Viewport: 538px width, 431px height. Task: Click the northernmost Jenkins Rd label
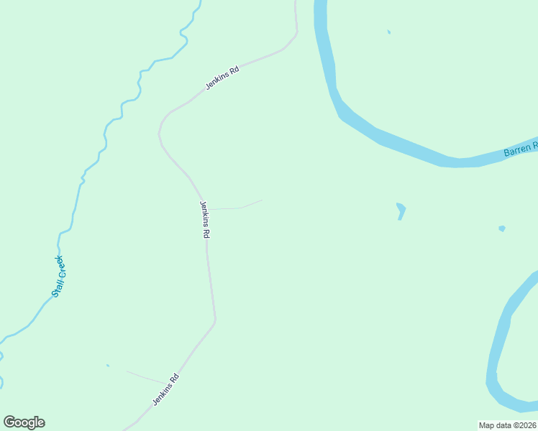222,78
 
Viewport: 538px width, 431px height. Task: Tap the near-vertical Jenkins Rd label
205,219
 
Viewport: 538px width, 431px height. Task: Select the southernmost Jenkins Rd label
165,389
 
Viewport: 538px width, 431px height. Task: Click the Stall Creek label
58,277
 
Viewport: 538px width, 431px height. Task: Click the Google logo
24,422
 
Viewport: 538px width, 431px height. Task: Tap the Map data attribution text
507,425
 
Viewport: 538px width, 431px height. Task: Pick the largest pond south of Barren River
401,210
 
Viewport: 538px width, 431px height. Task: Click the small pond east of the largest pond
501,228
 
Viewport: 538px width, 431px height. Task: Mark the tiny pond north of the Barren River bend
388,32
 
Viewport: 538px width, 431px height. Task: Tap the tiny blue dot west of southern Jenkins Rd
108,365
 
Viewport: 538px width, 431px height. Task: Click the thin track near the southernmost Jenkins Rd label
144,377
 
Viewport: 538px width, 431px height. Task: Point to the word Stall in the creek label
55,289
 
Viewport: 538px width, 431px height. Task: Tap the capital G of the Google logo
9,422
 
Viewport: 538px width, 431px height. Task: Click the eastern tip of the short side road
262,200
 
